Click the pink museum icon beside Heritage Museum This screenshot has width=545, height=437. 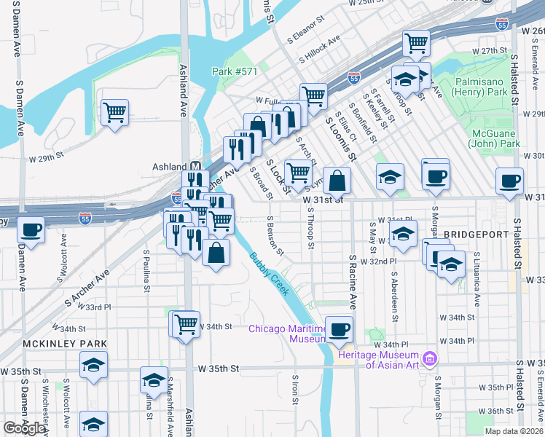[429, 359]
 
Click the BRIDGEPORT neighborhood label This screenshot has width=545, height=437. [475, 235]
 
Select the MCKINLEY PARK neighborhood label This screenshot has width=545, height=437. [65, 343]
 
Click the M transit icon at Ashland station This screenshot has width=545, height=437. [195, 167]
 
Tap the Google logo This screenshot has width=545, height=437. [24, 428]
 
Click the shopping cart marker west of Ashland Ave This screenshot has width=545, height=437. [115, 113]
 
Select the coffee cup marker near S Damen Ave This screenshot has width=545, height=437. [31, 229]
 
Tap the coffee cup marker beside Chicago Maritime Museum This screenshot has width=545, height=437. [339, 329]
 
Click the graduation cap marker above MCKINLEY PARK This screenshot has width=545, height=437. [93, 364]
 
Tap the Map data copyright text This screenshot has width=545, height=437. [514, 431]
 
